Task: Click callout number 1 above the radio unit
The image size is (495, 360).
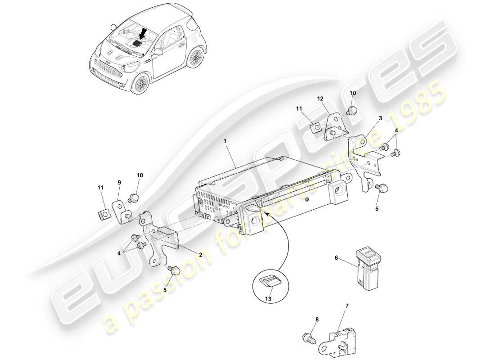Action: (225, 141)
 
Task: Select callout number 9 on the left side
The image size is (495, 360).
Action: (119, 182)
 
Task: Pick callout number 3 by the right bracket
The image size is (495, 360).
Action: (380, 118)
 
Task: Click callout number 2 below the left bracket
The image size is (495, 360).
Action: (201, 254)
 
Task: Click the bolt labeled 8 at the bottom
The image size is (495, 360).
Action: (307, 337)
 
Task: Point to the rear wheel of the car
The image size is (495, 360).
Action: (196, 58)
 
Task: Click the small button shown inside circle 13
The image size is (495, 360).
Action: (270, 282)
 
